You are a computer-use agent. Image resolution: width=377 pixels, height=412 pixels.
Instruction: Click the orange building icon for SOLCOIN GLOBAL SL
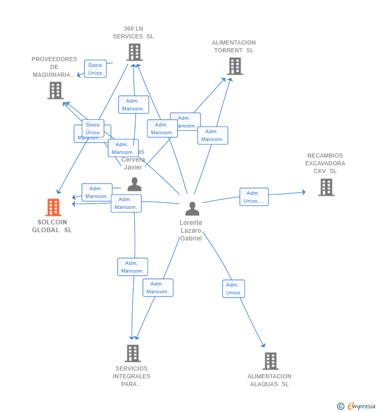(x=53, y=207)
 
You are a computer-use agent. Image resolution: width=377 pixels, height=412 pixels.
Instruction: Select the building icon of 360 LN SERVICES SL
(x=134, y=52)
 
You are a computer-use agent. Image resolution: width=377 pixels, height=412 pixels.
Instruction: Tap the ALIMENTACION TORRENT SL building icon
(x=235, y=66)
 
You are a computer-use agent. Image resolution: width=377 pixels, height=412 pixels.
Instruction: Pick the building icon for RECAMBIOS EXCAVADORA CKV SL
(x=326, y=187)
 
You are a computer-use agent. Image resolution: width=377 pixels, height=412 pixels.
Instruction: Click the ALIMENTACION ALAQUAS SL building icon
(x=270, y=361)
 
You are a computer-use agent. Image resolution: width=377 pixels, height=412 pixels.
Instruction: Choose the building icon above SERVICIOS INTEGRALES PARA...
(x=133, y=353)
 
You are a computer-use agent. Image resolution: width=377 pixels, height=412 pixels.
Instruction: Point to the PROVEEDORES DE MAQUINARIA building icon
(x=55, y=90)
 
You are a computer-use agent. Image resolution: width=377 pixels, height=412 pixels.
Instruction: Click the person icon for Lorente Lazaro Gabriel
(x=192, y=209)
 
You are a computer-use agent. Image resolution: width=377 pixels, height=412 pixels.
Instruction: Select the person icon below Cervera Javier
(x=135, y=184)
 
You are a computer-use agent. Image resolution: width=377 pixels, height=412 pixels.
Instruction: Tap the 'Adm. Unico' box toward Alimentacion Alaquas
(x=234, y=289)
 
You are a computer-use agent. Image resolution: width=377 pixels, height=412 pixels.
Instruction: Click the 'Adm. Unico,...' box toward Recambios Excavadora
(x=254, y=197)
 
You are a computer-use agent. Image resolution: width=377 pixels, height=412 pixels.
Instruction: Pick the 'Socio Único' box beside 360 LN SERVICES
(x=95, y=68)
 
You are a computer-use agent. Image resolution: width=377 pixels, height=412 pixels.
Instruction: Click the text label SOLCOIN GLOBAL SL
(x=52, y=226)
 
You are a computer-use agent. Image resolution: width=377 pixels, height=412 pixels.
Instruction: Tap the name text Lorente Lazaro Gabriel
(x=191, y=230)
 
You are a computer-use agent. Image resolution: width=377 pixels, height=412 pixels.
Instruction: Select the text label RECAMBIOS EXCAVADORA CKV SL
(x=325, y=163)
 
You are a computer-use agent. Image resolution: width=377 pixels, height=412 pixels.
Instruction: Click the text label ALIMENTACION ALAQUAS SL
(x=269, y=380)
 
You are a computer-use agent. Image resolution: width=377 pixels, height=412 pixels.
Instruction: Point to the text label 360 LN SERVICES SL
(x=134, y=33)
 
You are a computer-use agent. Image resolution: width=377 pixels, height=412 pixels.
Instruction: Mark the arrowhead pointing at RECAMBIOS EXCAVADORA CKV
(x=303, y=192)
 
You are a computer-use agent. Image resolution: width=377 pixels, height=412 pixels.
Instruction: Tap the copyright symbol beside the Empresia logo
(x=341, y=406)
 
